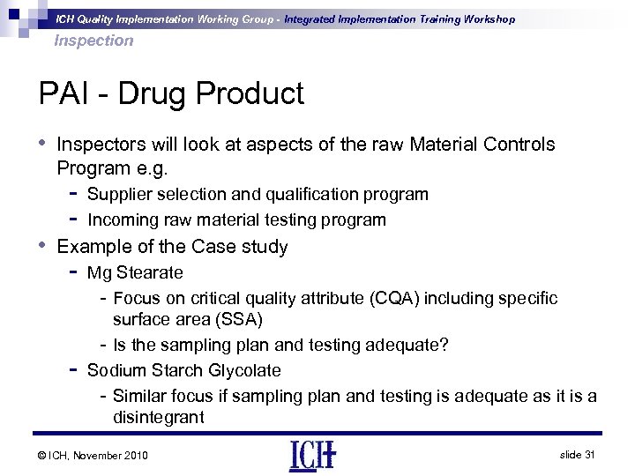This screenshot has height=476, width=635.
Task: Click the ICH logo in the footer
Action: [x=311, y=454]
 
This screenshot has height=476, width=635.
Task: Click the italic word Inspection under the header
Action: [x=93, y=41]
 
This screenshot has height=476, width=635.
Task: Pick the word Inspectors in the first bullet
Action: [x=97, y=145]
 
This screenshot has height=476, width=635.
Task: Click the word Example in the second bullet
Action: [x=92, y=247]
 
